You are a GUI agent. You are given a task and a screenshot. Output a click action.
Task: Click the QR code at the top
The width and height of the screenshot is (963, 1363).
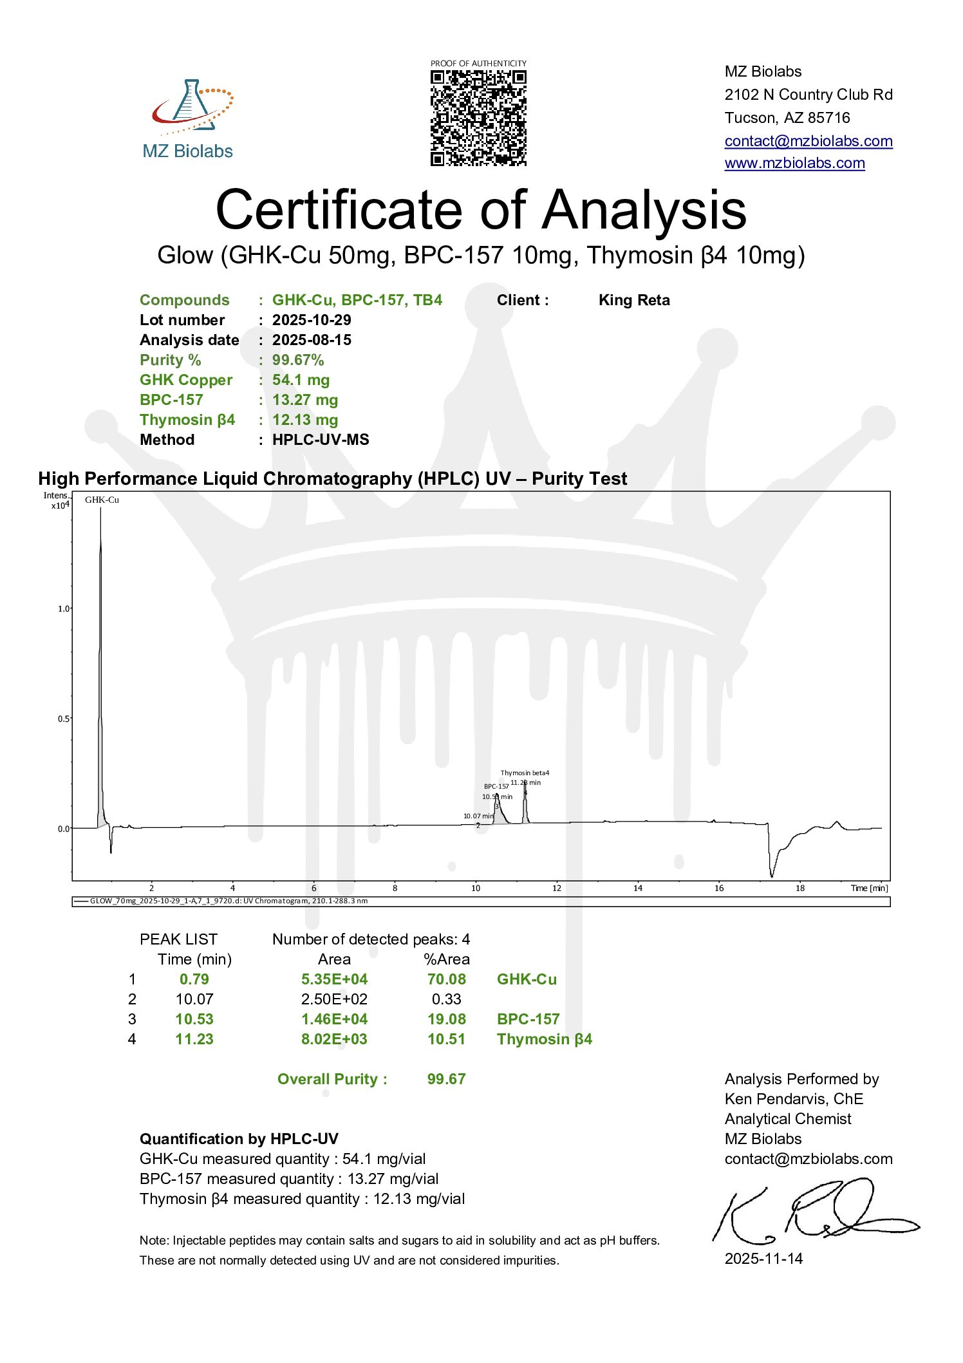(478, 118)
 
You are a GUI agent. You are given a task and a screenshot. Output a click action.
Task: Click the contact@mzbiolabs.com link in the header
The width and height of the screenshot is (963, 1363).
(808, 141)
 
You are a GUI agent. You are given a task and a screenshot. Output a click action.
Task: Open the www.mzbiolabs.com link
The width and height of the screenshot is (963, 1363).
(794, 163)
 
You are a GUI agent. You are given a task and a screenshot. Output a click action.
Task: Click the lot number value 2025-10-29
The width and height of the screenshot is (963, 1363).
(312, 320)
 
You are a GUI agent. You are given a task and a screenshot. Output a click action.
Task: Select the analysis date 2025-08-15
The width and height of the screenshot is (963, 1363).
(312, 340)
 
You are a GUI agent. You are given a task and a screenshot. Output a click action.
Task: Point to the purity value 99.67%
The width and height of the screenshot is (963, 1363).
(298, 360)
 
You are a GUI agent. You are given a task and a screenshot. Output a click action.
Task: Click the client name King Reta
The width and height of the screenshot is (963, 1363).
(634, 300)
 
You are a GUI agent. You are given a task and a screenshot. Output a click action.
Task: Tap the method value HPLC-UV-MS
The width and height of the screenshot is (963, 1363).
(321, 440)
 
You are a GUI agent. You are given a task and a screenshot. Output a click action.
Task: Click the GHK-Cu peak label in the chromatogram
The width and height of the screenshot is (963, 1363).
(102, 500)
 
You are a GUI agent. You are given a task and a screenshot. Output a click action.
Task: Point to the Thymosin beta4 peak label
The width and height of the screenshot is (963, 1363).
(525, 773)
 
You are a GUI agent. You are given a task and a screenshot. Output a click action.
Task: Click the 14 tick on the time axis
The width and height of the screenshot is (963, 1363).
(637, 888)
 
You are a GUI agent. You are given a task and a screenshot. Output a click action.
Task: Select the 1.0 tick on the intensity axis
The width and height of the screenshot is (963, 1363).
(63, 608)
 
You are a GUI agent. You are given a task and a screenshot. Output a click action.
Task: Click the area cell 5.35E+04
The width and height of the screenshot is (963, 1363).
(334, 979)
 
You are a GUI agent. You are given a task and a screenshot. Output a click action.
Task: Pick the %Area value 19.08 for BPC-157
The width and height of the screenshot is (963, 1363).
(446, 1019)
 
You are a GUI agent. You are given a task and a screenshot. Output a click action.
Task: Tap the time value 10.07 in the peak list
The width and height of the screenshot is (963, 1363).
(194, 999)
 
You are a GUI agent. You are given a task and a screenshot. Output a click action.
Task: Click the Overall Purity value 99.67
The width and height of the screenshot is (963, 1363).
(446, 1079)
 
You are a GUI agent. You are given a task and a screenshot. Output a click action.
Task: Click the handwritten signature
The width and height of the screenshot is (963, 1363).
(811, 1211)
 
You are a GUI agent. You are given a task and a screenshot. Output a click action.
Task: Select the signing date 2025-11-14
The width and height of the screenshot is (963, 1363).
(763, 1259)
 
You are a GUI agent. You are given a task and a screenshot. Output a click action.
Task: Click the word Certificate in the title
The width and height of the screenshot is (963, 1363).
(339, 210)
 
